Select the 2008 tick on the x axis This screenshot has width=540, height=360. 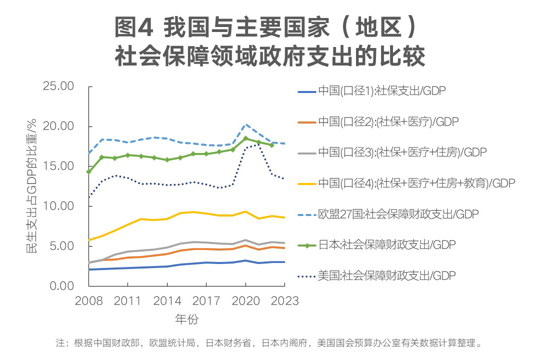pyautogui.click(x=88, y=300)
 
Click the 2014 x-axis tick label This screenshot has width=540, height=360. pyautogui.click(x=167, y=300)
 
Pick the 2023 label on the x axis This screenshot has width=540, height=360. pyautogui.click(x=284, y=300)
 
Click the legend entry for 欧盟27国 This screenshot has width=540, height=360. pyautogui.click(x=398, y=214)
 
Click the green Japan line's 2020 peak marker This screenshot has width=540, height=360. pyautogui.click(x=245, y=138)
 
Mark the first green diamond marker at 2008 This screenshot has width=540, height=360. pyautogui.click(x=88, y=171)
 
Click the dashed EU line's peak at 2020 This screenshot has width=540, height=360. pyautogui.click(x=245, y=124)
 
